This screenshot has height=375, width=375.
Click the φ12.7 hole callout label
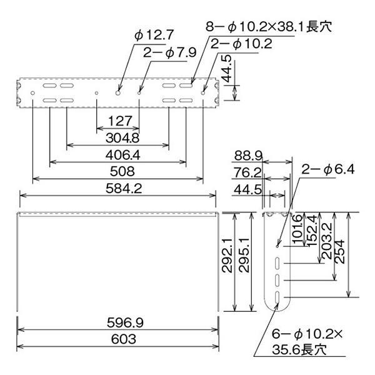tap(154, 35)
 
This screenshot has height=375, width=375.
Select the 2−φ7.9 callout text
tap(169, 52)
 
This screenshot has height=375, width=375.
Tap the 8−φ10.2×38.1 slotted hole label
tap(269, 26)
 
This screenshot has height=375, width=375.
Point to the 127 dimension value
tap(120, 121)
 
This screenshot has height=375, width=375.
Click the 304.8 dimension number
tap(122, 138)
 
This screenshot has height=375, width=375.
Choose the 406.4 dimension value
tap(122, 155)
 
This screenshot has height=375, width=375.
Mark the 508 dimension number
tap(122, 171)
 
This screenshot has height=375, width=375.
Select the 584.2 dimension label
tap(124, 189)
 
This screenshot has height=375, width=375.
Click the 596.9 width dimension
tap(125, 322)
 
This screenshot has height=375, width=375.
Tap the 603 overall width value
tap(124, 339)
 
